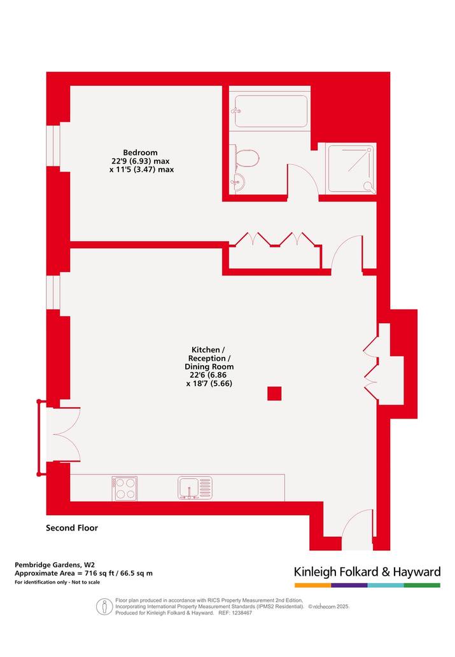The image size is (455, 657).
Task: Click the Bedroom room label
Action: (x=140, y=153)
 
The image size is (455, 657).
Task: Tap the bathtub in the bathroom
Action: (x=270, y=111)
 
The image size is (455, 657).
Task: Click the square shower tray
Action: (x=351, y=169)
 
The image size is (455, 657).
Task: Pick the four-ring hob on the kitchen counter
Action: (x=125, y=488)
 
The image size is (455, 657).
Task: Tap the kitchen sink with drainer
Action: (x=195, y=488)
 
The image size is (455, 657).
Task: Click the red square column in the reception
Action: (x=274, y=394)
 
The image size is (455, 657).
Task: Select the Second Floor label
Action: (x=72, y=528)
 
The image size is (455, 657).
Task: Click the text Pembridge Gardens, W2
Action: (x=55, y=565)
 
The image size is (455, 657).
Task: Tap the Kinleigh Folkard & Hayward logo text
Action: (x=367, y=572)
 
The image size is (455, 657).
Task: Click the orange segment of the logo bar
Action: (x=312, y=585)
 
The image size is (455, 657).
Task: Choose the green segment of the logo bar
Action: (x=423, y=585)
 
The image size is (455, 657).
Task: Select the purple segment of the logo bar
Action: (x=349, y=585)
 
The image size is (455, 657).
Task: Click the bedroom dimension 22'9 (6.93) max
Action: (x=141, y=162)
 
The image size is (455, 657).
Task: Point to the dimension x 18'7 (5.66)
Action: (x=209, y=384)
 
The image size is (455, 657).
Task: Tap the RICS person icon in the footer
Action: (x=104, y=607)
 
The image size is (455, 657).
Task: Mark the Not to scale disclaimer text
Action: (x=85, y=582)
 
